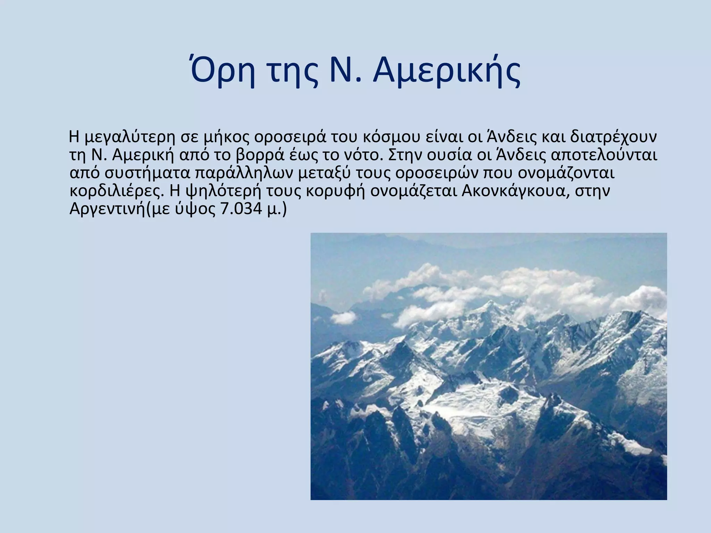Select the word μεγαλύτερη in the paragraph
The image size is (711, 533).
click(x=130, y=137)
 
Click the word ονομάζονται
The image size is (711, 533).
click(x=566, y=174)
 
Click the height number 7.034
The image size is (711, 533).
click(x=241, y=210)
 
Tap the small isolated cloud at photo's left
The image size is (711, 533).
click(x=343, y=317)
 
